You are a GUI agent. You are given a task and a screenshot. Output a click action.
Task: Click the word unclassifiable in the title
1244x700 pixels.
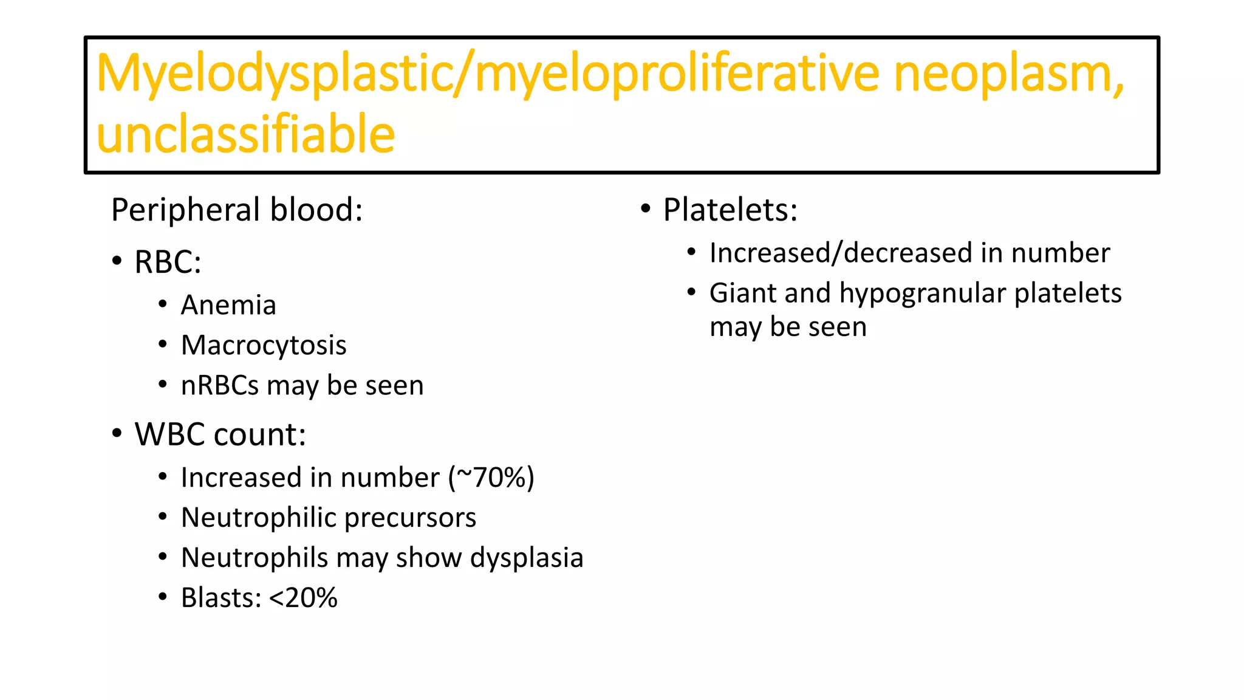pos(245,134)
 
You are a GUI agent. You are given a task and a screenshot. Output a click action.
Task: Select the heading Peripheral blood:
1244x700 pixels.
pos(237,210)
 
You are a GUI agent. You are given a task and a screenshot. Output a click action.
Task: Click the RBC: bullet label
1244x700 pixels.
pos(168,262)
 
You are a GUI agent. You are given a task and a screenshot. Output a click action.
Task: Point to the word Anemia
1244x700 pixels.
pos(228,305)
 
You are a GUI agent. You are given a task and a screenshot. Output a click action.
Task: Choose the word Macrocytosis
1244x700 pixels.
pos(264,345)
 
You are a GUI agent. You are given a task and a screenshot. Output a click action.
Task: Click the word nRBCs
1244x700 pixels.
pos(219,385)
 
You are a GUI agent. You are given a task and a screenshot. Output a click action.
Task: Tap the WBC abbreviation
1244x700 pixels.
pos(169,434)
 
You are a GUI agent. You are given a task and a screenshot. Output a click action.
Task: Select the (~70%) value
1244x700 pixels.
pos(491,478)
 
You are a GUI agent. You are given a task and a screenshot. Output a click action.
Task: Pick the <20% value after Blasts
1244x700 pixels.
pos(302,598)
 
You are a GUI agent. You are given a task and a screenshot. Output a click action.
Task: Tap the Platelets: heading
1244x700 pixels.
pos(730,210)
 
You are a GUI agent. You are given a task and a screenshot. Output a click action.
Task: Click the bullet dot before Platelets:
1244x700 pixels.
pos(646,210)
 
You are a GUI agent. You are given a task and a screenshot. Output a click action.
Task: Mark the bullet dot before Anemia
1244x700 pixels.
pos(162,304)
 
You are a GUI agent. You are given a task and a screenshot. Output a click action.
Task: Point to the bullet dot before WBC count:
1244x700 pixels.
pos(117,434)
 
